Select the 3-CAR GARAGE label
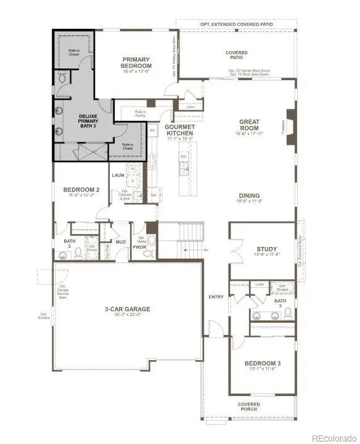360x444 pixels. pyautogui.click(x=127, y=309)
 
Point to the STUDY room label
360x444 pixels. pyautogui.click(x=266, y=249)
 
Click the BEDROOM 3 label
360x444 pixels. pyautogui.click(x=261, y=364)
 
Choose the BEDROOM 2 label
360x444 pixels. pyautogui.click(x=81, y=190)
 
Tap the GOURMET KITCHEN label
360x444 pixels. pyautogui.click(x=179, y=129)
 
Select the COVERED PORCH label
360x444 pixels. pyautogui.click(x=249, y=407)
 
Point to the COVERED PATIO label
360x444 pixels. pyautogui.click(x=237, y=55)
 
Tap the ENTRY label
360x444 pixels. pyautogui.click(x=216, y=297)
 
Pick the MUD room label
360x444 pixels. pyautogui.click(x=120, y=242)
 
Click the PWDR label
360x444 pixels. pyautogui.click(x=139, y=248)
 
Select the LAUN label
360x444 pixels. pyautogui.click(x=118, y=176)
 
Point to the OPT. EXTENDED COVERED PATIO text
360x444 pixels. pyautogui.click(x=236, y=24)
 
